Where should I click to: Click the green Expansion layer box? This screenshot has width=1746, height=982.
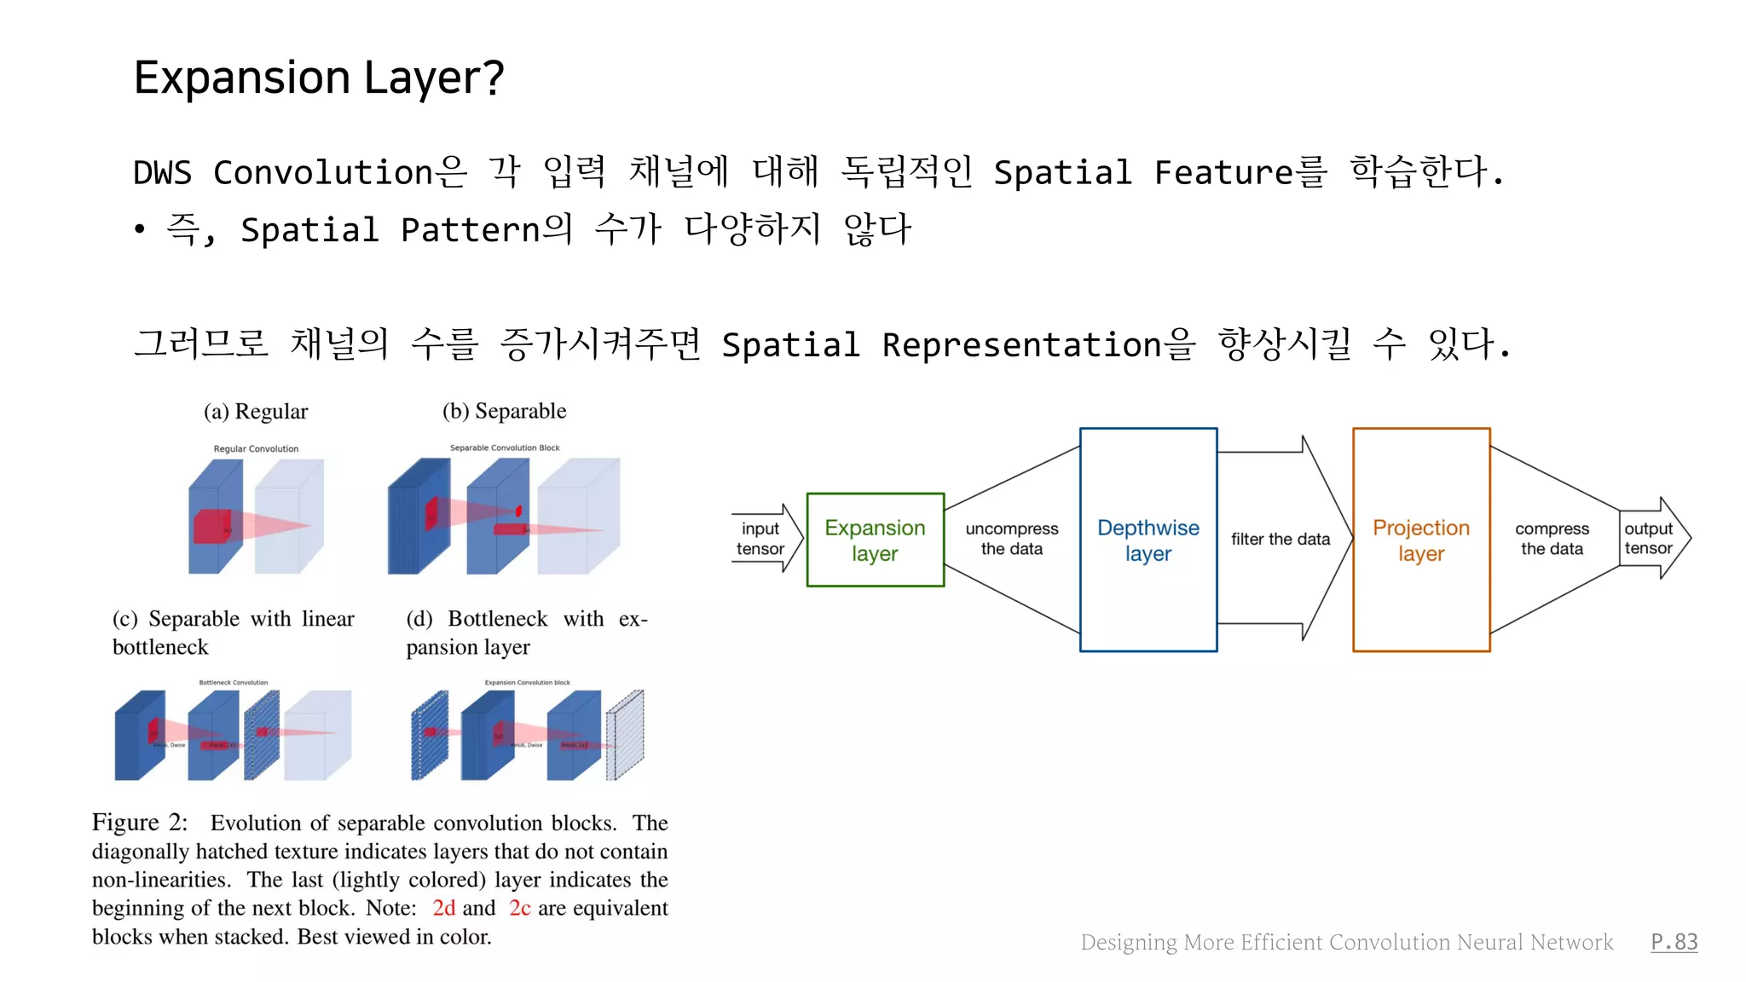click(875, 540)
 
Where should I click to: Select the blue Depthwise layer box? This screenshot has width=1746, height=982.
click(1148, 540)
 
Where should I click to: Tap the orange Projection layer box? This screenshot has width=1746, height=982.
click(1420, 540)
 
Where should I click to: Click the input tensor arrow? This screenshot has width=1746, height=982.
click(764, 539)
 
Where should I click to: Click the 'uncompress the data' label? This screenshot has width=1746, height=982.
click(1011, 539)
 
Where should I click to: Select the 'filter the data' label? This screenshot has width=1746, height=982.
click(1280, 539)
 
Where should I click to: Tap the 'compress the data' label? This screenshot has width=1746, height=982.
click(1552, 539)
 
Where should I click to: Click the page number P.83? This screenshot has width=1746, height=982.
click(1674, 942)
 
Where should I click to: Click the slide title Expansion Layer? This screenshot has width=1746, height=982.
click(319, 78)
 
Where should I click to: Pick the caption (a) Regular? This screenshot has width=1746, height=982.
click(256, 412)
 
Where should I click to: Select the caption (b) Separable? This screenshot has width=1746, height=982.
click(504, 411)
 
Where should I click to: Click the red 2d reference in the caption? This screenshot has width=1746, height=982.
click(443, 908)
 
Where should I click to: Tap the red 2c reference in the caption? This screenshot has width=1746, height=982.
click(519, 908)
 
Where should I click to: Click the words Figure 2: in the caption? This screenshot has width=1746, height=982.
click(139, 823)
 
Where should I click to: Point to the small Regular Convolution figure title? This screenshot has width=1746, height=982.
click(256, 448)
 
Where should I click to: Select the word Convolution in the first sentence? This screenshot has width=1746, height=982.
click(324, 173)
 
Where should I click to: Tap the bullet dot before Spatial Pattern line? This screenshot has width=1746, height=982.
click(140, 230)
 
